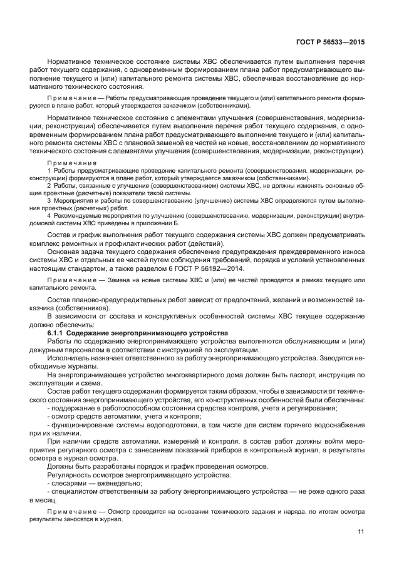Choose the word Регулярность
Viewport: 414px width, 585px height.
(68, 474)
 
